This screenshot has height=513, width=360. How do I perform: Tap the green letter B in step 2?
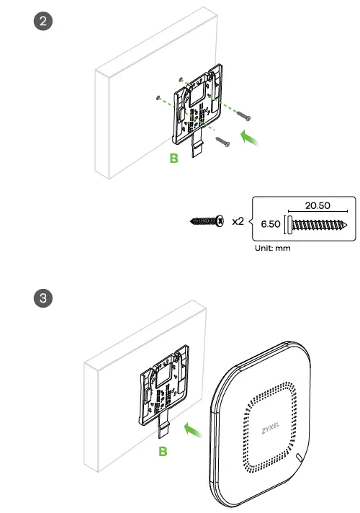[x=174, y=158]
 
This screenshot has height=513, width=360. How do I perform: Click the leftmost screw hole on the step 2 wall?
[x=156, y=96]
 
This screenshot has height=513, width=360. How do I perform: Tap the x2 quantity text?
[x=237, y=221]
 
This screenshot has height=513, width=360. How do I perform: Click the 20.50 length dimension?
[x=317, y=205]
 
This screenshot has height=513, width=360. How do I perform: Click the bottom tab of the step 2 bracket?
[x=197, y=147]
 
